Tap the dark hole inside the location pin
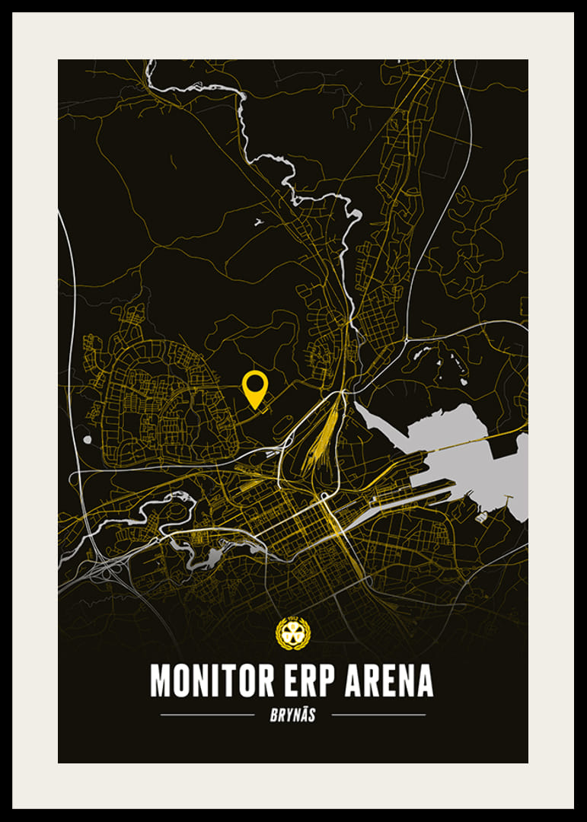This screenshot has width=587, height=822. click(254, 384)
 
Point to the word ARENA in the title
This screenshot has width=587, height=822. click(389, 680)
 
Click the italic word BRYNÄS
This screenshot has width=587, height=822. click(293, 715)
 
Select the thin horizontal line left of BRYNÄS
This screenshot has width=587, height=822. click(207, 715)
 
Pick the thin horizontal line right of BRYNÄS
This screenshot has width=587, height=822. click(378, 715)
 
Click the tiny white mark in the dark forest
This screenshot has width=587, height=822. click(258, 222)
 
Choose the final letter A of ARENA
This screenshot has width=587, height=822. click(423, 680)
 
